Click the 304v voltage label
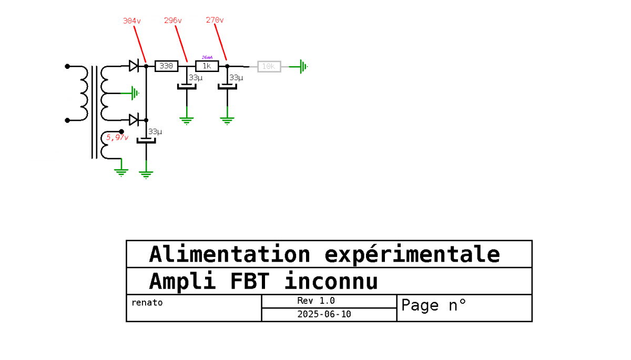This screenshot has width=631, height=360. coord(132,21)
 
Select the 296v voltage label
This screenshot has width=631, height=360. coord(173,20)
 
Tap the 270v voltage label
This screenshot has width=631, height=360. coord(215,20)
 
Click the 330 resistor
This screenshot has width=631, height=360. coord(167,66)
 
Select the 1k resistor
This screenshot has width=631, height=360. coord(207,66)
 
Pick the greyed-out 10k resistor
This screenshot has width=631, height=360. coord(269,66)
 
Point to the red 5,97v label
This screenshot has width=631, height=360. coord(117,137)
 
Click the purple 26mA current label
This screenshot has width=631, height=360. coord(207,57)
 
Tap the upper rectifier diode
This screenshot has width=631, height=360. coord(134,66)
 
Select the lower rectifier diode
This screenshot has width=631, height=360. coord(134,120)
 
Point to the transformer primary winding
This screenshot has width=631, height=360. coord(84,93)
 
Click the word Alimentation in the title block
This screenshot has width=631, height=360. coord(229,254)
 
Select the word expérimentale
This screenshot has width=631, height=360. coord(412,254)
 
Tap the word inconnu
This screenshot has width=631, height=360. coord(331,281)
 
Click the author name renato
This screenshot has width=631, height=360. coord(147,302)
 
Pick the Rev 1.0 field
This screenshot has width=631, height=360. coord(316,301)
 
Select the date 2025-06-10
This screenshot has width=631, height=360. coord(324,314)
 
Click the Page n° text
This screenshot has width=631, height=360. coord(433,305)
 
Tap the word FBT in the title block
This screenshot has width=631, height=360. coord(250,281)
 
